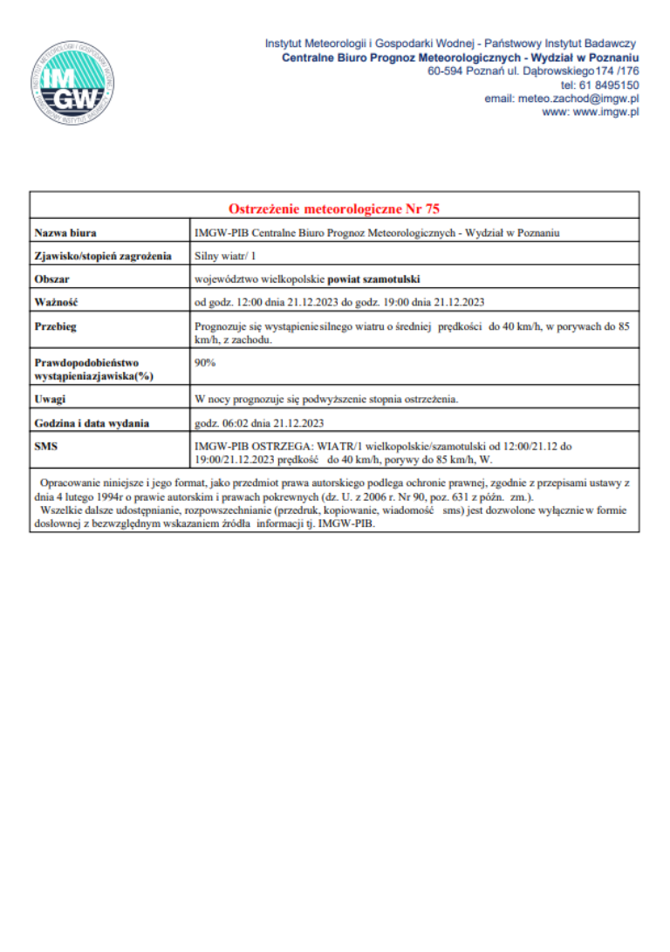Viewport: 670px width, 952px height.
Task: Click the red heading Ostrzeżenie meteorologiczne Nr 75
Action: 334,209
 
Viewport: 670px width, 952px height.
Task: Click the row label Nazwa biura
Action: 65,233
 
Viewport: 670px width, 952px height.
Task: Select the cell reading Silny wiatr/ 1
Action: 225,257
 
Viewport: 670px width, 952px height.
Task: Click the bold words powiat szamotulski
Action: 373,279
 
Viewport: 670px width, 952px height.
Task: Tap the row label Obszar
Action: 52,279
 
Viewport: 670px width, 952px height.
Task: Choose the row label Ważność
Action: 57,303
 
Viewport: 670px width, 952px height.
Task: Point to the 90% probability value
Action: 205,361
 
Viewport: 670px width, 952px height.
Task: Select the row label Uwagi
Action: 51,400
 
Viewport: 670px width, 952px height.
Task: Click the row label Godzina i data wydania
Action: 92,423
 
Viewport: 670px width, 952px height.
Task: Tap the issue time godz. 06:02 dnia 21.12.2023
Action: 260,423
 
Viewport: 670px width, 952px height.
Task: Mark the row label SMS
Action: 46,446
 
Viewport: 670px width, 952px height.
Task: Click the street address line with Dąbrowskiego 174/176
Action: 533,71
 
